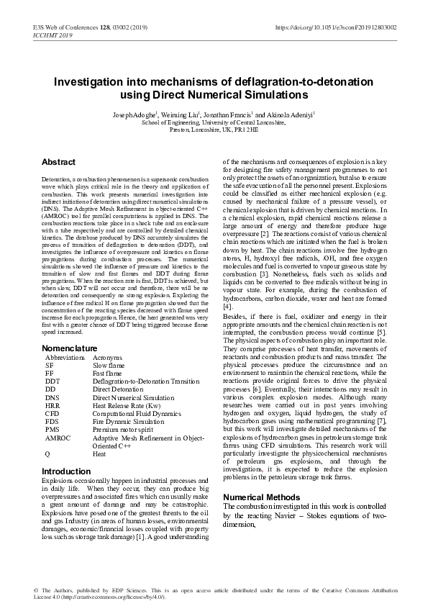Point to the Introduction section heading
click(x=66, y=471)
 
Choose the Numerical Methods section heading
click(x=261, y=497)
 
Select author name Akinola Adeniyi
click(x=289, y=114)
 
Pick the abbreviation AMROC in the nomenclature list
click(x=58, y=437)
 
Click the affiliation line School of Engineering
click(x=214, y=122)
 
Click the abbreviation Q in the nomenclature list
click(x=47, y=453)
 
